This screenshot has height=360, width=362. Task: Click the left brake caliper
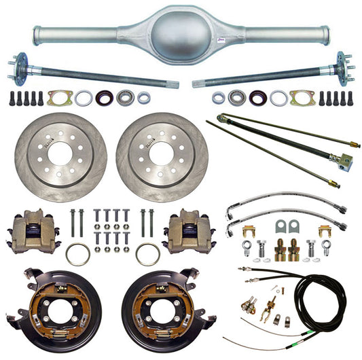[x=32, y=230]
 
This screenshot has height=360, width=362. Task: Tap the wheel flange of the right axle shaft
[x=344, y=68]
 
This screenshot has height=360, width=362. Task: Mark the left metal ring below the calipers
[x=77, y=254]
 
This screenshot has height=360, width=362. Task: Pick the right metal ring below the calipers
[x=147, y=254]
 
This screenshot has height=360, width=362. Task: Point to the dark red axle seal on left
[x=105, y=98]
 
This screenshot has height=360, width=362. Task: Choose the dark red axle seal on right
[x=257, y=98]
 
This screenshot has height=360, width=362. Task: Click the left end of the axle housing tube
[x=38, y=32]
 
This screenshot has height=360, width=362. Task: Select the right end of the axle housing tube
[x=325, y=32]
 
